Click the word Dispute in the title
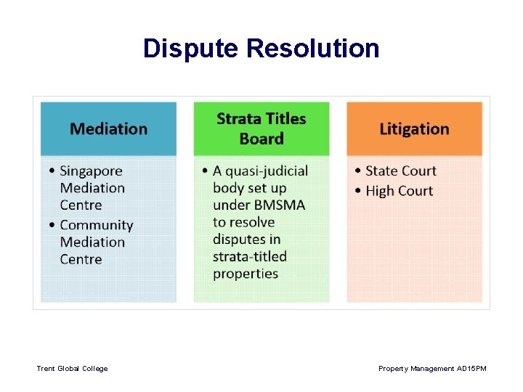coord(191,49)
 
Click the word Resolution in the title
coord(313,49)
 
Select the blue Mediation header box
coord(108,128)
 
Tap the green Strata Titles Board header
coord(261,128)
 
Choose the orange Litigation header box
coord(414,128)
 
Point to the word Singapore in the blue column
coord(91,171)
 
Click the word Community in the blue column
coord(97,226)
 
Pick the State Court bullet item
coord(401,171)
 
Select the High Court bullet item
coord(399,191)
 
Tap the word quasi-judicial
coord(266,171)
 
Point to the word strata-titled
coord(250,256)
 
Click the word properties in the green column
coord(246,274)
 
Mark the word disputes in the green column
coord(236,240)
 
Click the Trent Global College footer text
coord(72,369)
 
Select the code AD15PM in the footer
coord(472,369)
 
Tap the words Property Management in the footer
coord(417,369)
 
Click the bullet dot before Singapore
coord(52,172)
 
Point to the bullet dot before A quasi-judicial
coord(206,172)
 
